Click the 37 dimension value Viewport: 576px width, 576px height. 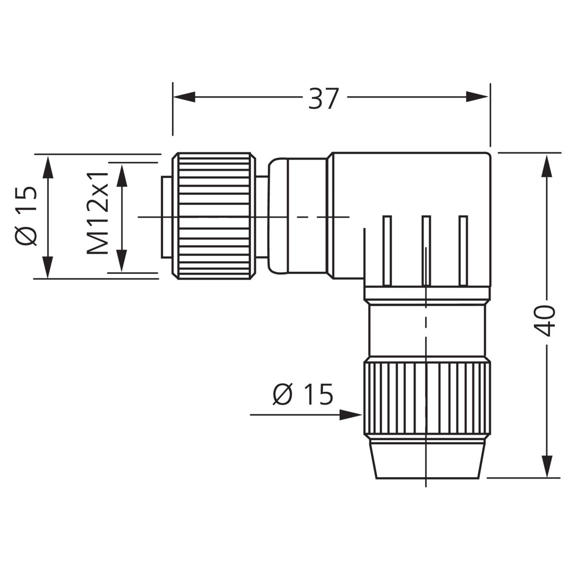tap(324, 98)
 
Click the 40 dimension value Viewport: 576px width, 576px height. tap(544, 321)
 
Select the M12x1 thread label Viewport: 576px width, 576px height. tap(97, 214)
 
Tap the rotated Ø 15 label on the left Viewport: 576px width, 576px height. tap(26, 216)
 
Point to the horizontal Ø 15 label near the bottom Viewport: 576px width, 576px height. tap(303, 394)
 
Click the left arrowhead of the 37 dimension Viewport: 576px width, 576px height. tap(184, 97)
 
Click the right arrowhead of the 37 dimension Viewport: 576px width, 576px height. tap(477, 97)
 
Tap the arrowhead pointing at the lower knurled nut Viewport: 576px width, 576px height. tap(351, 415)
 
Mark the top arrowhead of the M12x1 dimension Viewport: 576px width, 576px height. tap(121, 176)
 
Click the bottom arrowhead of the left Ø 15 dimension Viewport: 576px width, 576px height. tap(48, 267)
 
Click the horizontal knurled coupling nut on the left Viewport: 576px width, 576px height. tap(214, 216)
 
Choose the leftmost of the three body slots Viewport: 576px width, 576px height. tap(387, 250)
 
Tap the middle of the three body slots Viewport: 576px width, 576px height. tap(426, 250)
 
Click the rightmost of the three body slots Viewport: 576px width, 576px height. tap(463, 250)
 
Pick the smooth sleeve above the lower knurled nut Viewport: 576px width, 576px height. tap(427, 330)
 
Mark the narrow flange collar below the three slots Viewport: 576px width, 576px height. tap(427, 293)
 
